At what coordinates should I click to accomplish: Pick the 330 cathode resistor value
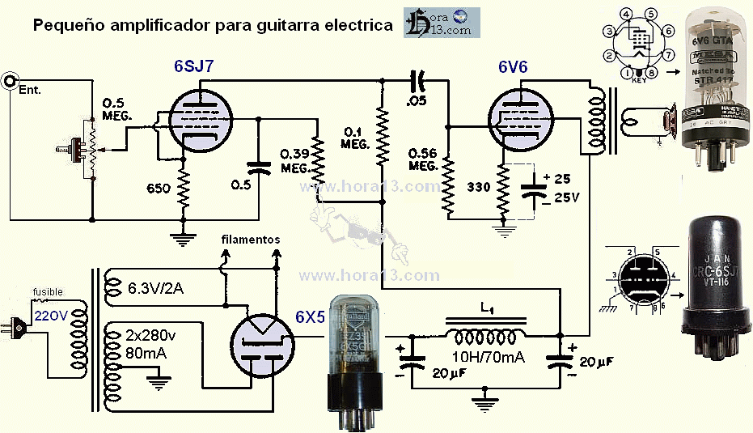click(479, 186)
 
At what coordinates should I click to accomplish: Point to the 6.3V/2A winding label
click(156, 288)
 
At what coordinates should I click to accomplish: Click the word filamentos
click(251, 240)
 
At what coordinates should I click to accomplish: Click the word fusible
click(46, 292)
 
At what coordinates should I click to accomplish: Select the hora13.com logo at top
click(442, 22)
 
